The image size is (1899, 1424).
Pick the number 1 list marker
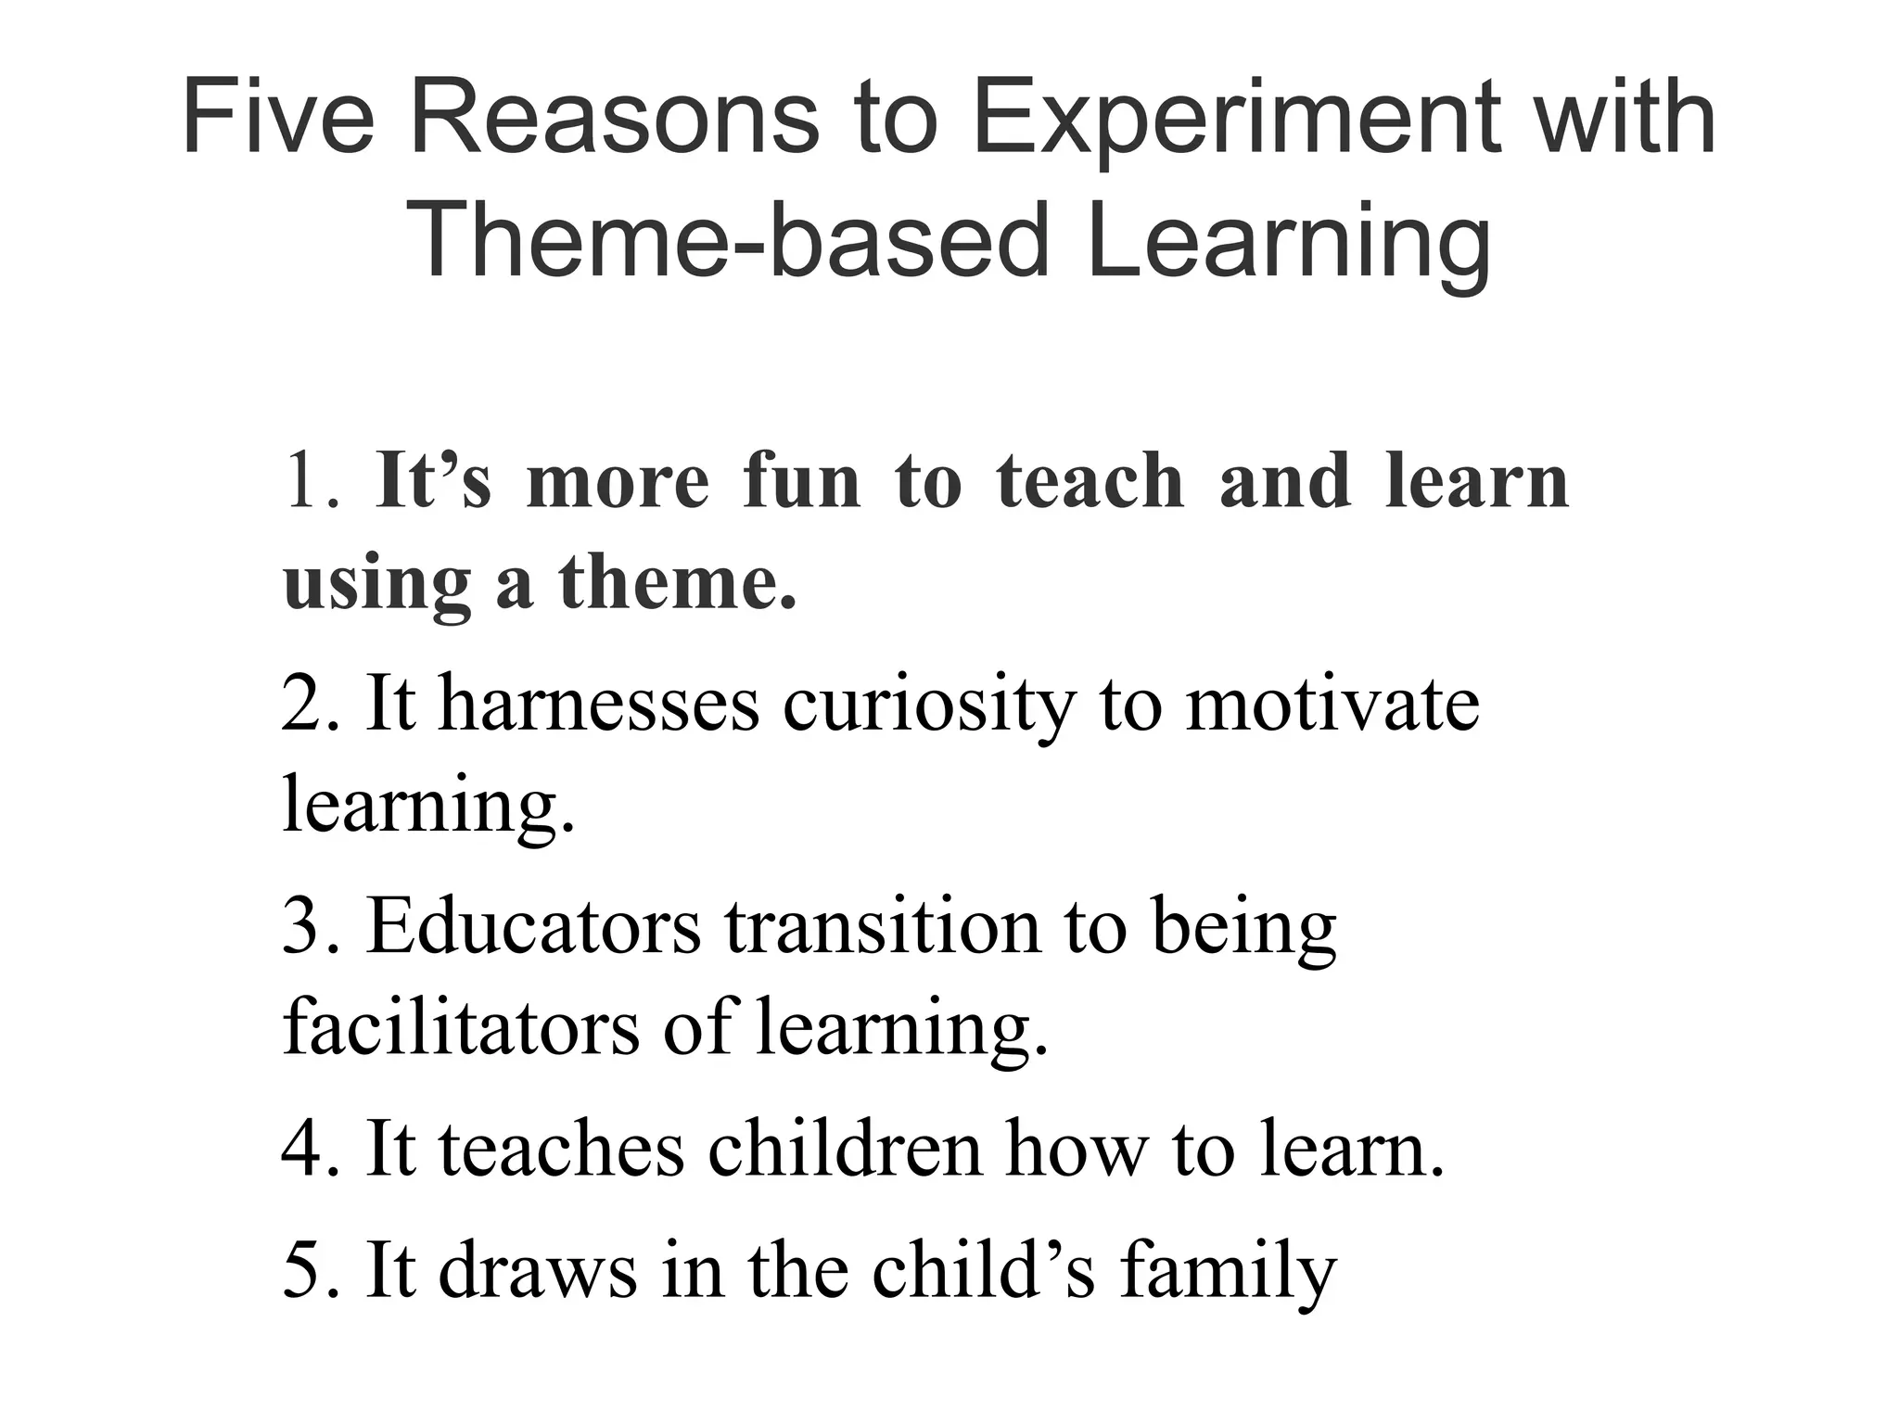pyautogui.click(x=306, y=482)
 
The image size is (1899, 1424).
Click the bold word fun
pyautogui.click(x=801, y=482)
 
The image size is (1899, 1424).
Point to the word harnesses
pyautogui.click(x=599, y=705)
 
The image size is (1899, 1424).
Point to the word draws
pyautogui.click(x=537, y=1270)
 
